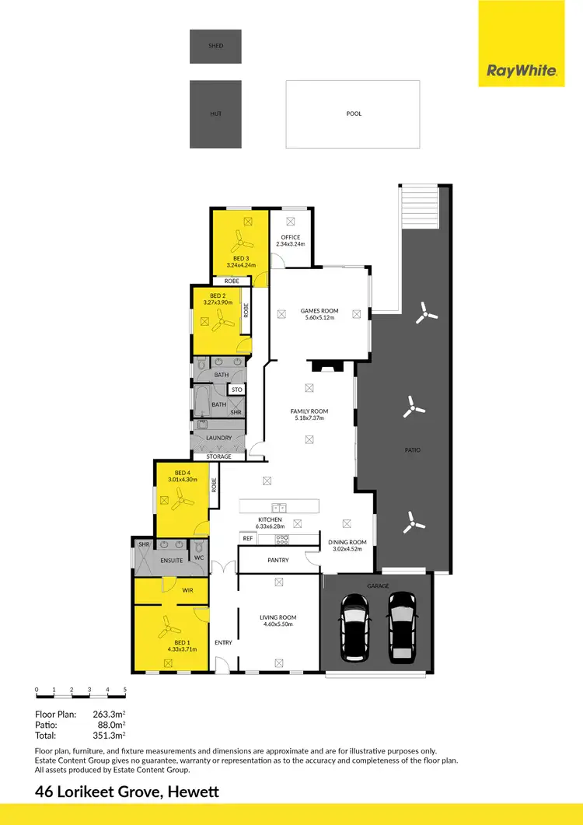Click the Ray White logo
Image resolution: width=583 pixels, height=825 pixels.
[x=522, y=71]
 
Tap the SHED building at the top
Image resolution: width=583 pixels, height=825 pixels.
[x=215, y=46]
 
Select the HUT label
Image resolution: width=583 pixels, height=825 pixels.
[x=215, y=114]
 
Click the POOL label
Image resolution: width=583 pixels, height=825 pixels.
[x=354, y=114]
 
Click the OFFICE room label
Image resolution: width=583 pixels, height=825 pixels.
[x=291, y=237]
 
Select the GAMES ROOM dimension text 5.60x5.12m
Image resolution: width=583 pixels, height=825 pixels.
[x=319, y=318]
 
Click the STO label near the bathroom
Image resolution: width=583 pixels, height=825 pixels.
[x=236, y=390]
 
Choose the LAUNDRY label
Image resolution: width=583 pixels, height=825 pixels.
[x=218, y=438]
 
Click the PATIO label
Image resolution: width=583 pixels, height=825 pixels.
[x=413, y=449]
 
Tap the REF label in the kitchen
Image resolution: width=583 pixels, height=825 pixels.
[x=248, y=538]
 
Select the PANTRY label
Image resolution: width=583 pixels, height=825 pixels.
[x=278, y=560]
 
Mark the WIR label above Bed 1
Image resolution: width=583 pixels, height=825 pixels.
[x=187, y=591]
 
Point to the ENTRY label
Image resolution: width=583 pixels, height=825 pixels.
[x=223, y=642]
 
